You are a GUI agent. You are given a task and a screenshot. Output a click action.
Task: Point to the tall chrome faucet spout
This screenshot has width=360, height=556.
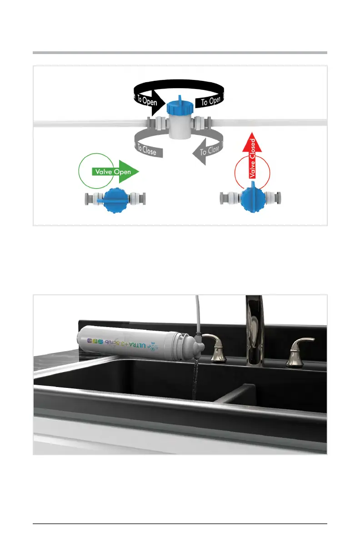[254, 327]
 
